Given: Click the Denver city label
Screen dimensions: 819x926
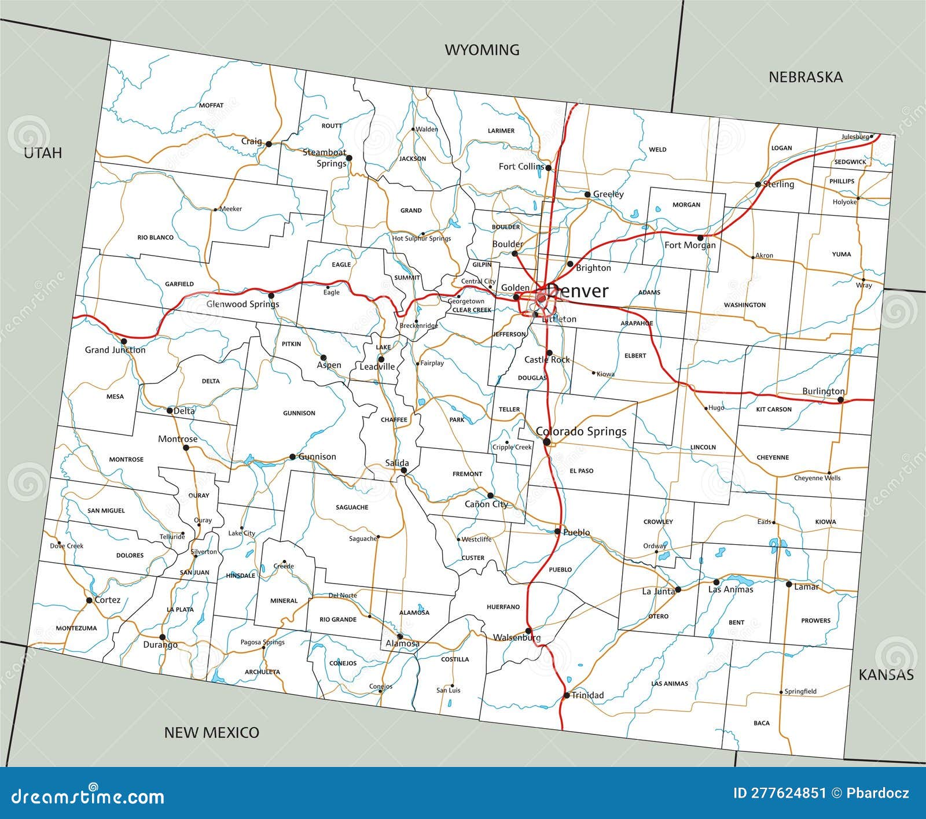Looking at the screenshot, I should pyautogui.click(x=577, y=290).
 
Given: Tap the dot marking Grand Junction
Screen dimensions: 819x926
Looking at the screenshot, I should pyautogui.click(x=124, y=341).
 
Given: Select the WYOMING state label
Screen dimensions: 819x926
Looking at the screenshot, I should pyautogui.click(x=482, y=50).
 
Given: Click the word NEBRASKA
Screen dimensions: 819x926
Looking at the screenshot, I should pyautogui.click(x=805, y=78).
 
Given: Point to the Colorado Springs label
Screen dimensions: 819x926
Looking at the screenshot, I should pyautogui.click(x=580, y=431).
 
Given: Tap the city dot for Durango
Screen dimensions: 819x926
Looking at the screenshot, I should pyautogui.click(x=163, y=637).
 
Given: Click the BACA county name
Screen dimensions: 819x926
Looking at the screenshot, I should pyautogui.click(x=762, y=723).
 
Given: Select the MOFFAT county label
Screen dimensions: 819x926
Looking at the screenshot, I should pyautogui.click(x=211, y=105).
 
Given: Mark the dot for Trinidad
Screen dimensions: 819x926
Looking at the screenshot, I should pyautogui.click(x=567, y=695).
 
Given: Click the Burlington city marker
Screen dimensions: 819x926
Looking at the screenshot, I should pyautogui.click(x=840, y=400).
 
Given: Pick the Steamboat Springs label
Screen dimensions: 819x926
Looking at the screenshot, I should pyautogui.click(x=326, y=157).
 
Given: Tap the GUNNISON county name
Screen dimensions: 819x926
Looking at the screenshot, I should pyautogui.click(x=299, y=413).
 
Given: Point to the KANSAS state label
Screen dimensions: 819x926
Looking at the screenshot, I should pyautogui.click(x=885, y=674).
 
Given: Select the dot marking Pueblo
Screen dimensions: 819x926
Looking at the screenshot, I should pyautogui.click(x=557, y=531).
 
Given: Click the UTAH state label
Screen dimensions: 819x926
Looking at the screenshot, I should pyautogui.click(x=42, y=153).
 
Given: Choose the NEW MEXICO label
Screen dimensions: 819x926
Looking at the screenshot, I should pyautogui.click(x=211, y=732).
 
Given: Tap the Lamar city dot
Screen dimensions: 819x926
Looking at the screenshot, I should pyautogui.click(x=789, y=584).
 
